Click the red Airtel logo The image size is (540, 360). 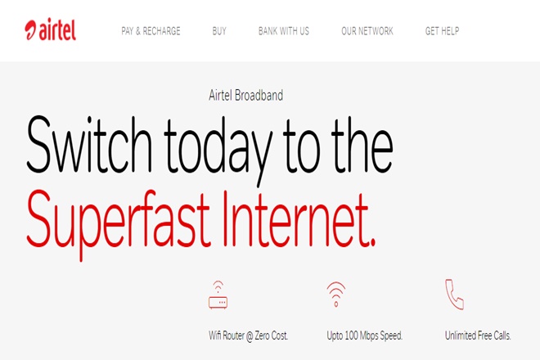(x=50, y=29)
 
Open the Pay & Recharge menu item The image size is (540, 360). (x=151, y=31)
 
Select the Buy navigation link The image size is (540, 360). (x=219, y=31)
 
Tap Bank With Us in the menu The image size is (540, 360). (x=284, y=31)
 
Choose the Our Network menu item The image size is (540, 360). (x=367, y=31)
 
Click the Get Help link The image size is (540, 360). (x=442, y=31)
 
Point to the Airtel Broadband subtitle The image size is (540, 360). (x=246, y=95)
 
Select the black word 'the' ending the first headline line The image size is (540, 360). (x=362, y=145)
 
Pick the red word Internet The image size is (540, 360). (x=295, y=219)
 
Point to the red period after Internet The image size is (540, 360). (x=372, y=243)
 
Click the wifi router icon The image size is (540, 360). (x=218, y=295)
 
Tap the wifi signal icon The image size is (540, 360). (x=336, y=294)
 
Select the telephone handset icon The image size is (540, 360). (x=454, y=295)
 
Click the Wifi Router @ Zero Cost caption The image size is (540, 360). (x=248, y=335)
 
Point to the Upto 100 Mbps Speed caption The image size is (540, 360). (x=365, y=335)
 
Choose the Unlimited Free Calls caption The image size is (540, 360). (x=478, y=335)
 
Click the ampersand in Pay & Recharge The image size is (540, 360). (x=138, y=31)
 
